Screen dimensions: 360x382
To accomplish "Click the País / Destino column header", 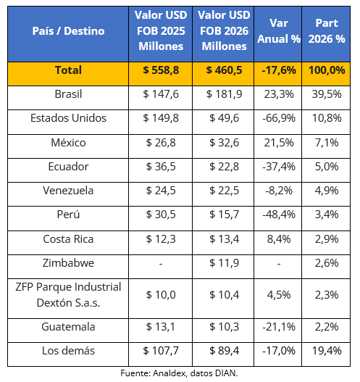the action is (68, 31).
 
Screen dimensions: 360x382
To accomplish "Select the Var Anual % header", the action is (279, 31).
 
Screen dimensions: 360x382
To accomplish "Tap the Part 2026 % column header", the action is (327, 31).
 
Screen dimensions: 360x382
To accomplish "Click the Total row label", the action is (68, 70).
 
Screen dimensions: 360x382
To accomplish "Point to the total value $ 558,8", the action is (161, 70).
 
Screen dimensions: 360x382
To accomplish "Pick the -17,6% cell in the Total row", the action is (279, 70).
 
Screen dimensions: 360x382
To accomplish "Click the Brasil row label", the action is (68, 94).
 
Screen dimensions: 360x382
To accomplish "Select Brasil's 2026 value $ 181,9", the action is (224, 94).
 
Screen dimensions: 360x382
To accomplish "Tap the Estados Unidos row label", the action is (68, 118).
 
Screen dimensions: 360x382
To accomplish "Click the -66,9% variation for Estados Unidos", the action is (279, 118).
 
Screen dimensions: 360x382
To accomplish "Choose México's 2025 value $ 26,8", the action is (161, 143).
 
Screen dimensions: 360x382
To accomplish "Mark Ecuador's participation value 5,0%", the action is (327, 167).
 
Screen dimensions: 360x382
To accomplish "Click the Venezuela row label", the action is (68, 191).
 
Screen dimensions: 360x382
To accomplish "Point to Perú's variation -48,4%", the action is (279, 215).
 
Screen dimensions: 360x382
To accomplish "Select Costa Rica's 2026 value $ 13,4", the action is (224, 239).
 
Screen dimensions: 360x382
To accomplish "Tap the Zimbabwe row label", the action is (68, 263).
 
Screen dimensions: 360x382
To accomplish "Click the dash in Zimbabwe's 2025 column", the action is (161, 264).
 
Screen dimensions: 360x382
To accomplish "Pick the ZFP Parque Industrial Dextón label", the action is (68, 295).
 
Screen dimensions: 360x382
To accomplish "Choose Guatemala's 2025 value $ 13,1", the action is (161, 327).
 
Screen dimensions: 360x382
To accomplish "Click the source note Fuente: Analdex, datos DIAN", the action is (179, 373).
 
